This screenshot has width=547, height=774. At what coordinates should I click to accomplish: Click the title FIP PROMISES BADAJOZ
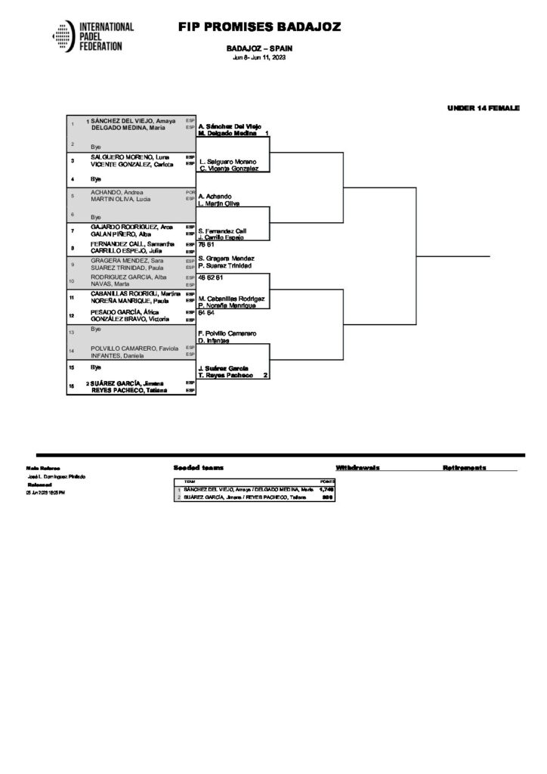259,27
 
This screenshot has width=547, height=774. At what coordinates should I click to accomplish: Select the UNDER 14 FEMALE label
483,108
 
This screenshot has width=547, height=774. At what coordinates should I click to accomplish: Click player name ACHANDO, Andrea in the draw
113,192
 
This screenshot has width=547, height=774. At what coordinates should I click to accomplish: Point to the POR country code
190,192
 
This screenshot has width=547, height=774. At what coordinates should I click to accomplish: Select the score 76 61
206,245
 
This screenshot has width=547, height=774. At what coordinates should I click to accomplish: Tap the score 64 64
206,311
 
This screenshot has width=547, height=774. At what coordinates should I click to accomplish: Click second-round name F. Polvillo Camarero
227,333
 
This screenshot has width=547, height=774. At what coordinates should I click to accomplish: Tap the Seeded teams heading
198,468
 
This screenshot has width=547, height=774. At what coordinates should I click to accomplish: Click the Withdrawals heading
358,468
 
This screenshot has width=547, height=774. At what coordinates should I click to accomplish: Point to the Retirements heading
465,468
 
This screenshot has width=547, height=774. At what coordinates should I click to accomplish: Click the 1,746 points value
326,490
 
